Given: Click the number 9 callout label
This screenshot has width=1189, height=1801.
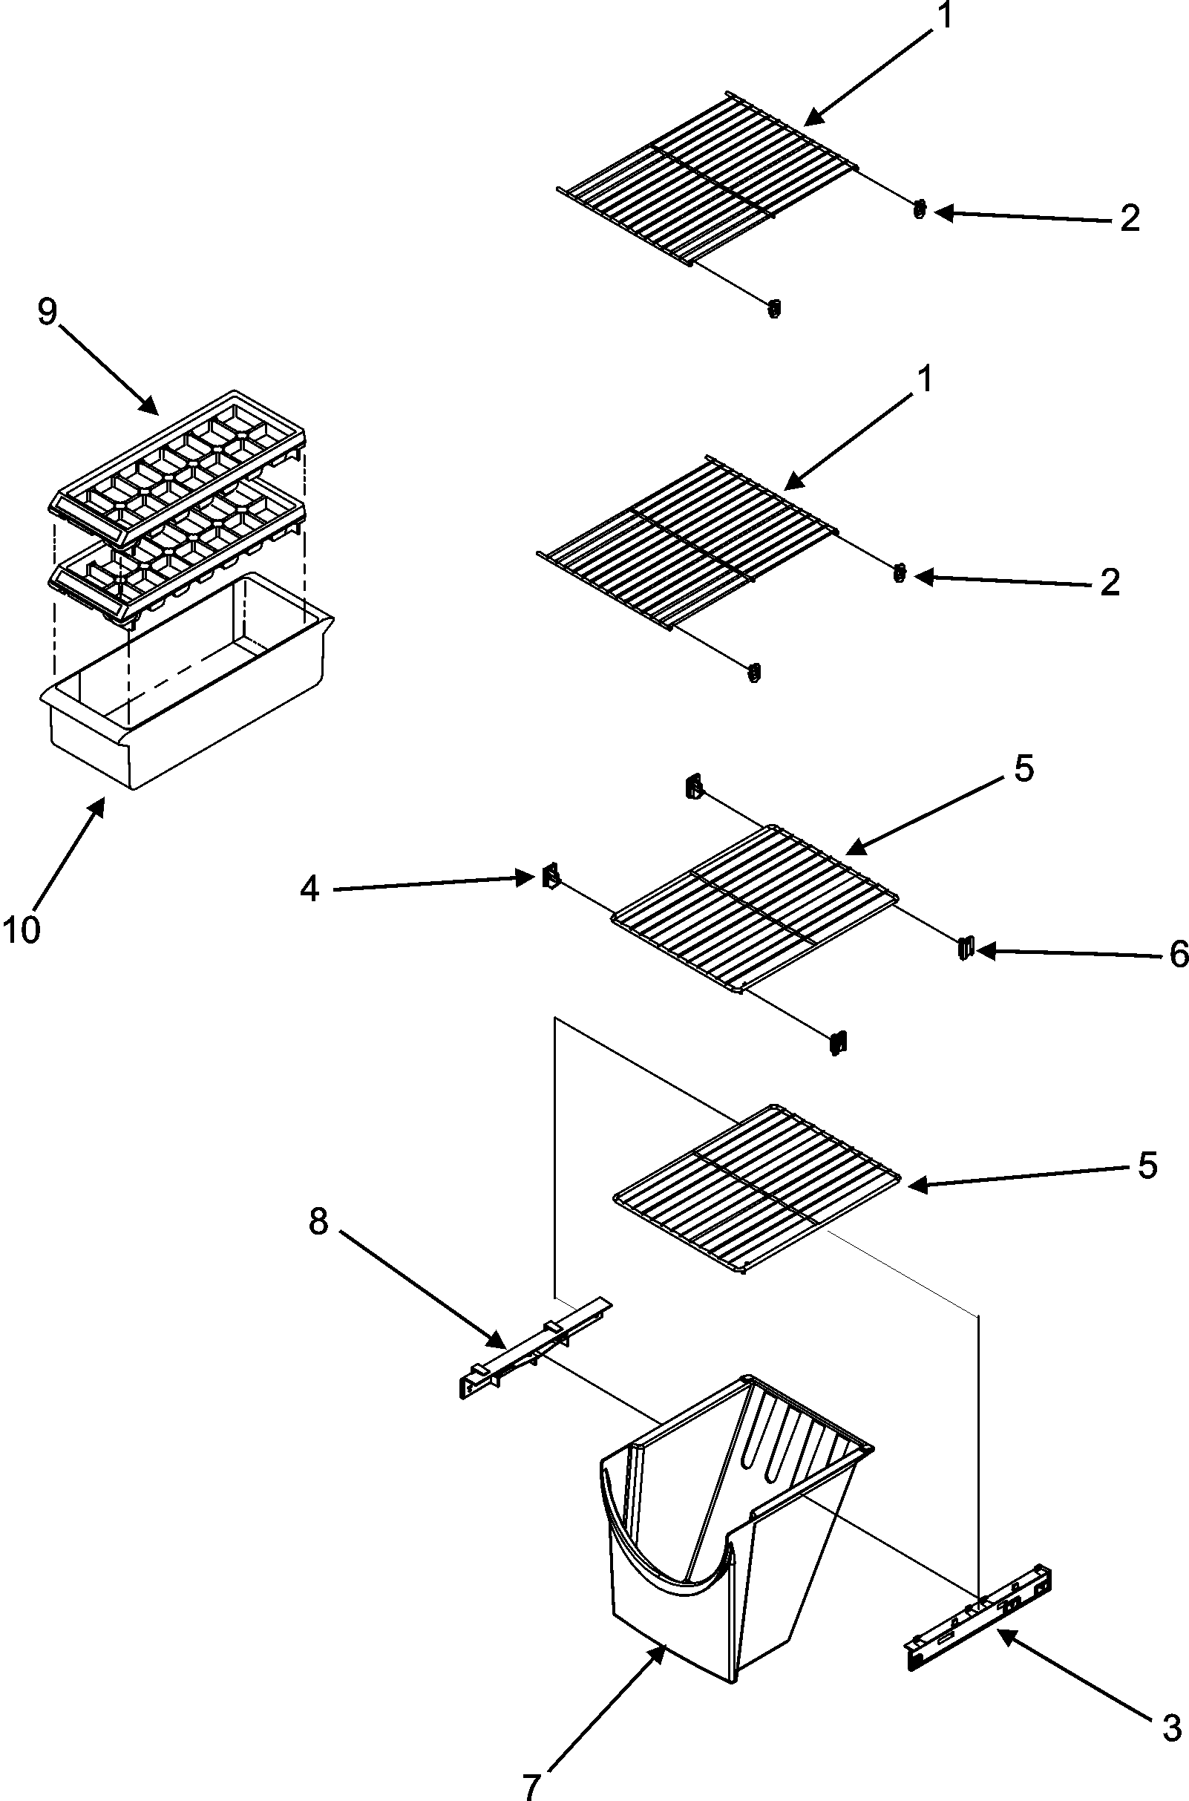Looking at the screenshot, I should [47, 311].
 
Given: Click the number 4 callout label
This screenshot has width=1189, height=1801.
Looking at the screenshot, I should [309, 889].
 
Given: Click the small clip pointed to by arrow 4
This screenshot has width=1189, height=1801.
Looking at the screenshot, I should [551, 877].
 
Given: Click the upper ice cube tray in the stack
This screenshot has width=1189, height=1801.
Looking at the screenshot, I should [178, 470].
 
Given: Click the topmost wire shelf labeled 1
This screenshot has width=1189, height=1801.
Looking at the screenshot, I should [705, 178].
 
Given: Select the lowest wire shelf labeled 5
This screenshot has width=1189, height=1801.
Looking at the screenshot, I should [755, 1191].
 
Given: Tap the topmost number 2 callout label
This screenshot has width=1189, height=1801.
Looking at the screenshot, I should [1130, 219].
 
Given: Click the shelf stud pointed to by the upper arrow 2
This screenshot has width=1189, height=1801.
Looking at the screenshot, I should [920, 211].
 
